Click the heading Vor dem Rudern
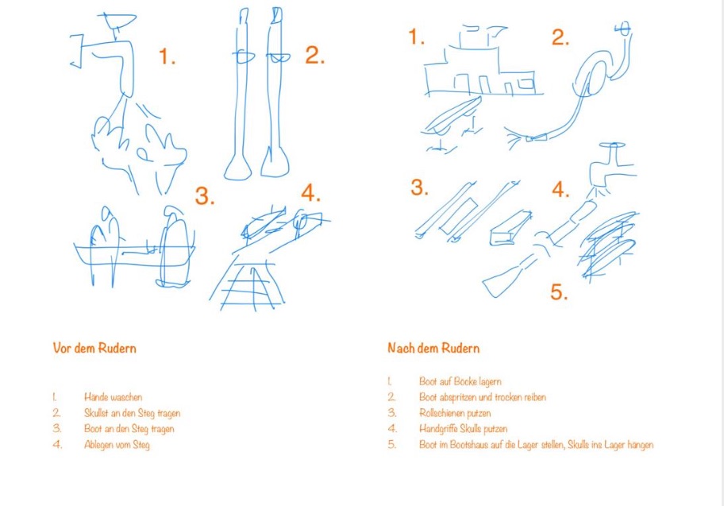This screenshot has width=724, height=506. coord(94,348)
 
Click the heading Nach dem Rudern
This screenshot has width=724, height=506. coord(433,348)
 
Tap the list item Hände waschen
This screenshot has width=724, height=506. coord(113,397)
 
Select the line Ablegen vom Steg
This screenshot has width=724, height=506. coord(117,445)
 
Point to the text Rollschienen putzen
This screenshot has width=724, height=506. coord(455,412)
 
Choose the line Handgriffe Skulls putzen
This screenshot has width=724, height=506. coord(463,429)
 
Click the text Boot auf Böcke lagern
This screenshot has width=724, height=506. coord(460,381)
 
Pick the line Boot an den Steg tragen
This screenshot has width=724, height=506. coord(129,429)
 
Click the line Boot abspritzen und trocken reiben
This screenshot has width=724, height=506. coord(483,397)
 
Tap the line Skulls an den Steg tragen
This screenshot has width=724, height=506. coord(132,413)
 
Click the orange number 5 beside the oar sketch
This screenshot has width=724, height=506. coord(558,292)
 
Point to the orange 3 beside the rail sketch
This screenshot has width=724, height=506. coord(419,187)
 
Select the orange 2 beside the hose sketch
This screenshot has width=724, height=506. coord(560,37)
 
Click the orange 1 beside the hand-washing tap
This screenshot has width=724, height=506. coord(166,56)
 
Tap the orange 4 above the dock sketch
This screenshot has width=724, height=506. coord(310,192)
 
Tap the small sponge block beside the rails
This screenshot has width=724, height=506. coord(510,229)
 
